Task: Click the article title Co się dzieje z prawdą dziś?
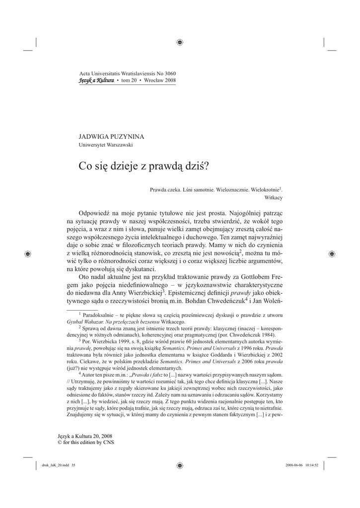(x=144, y=166)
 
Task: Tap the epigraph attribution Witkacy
(x=274, y=197)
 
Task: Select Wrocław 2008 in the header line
(x=159, y=80)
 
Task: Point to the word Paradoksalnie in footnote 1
(x=98, y=315)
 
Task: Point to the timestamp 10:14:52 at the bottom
(x=316, y=465)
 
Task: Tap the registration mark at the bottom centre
(x=180, y=465)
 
